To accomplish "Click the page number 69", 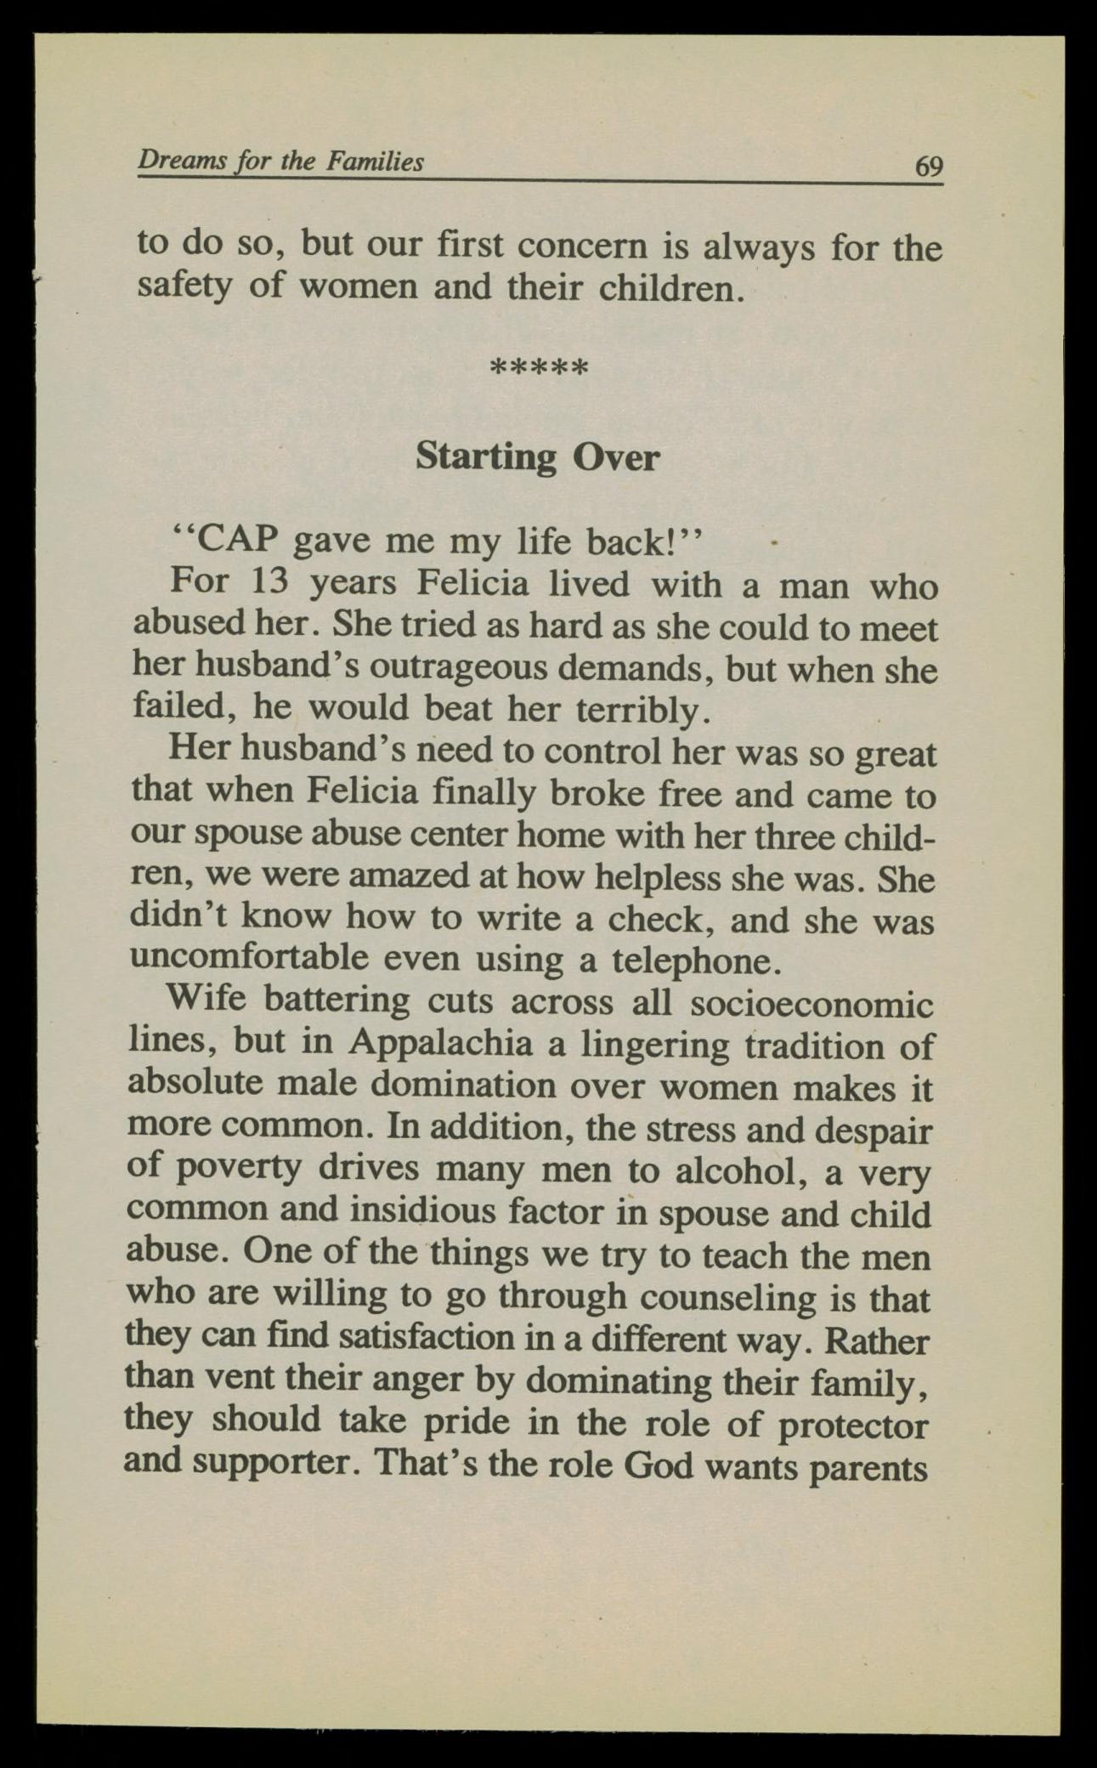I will (928, 165).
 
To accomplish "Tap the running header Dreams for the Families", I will (280, 161).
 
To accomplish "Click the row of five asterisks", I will (540, 369).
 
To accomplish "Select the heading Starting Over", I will (537, 458).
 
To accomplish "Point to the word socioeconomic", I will (811, 1004).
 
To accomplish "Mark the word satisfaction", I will (427, 1339).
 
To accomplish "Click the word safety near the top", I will (184, 287).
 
